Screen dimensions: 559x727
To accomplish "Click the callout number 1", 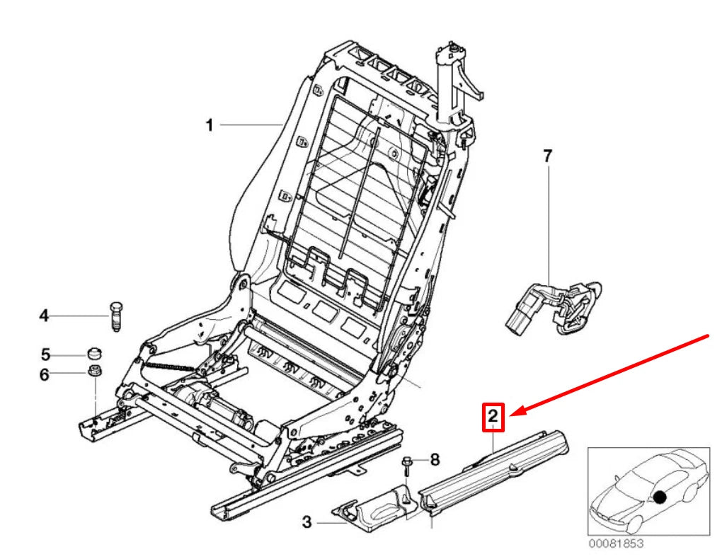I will [x=209, y=125].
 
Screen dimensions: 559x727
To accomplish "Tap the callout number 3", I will [x=307, y=523].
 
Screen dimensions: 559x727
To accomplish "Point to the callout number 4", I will [x=44, y=316].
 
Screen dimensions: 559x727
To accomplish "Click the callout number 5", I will [x=44, y=353].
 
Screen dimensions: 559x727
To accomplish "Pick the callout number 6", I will [x=44, y=374].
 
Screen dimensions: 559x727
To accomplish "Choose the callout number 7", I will [x=546, y=156].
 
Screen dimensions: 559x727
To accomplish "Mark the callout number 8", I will [x=435, y=460].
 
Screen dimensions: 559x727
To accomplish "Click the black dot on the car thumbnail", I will [x=659, y=497].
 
